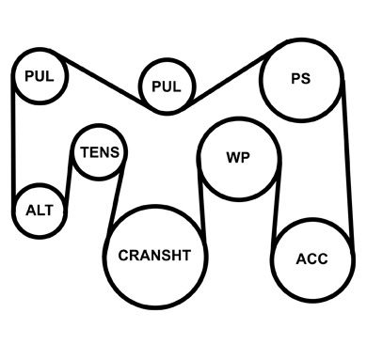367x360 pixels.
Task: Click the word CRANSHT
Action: [154, 256]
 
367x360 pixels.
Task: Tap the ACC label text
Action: [311, 259]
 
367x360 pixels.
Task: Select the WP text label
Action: [238, 157]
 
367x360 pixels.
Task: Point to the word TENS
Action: [100, 152]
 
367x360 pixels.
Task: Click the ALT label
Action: [40, 211]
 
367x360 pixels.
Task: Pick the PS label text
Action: [301, 79]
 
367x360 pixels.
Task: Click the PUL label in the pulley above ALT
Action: [40, 76]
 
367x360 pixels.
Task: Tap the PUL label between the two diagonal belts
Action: [167, 86]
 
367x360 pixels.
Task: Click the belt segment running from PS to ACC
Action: [348, 160]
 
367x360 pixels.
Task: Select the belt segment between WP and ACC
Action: [276, 205]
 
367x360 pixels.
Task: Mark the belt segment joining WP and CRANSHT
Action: [201, 200]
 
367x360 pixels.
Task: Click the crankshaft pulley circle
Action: [104, 257]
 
